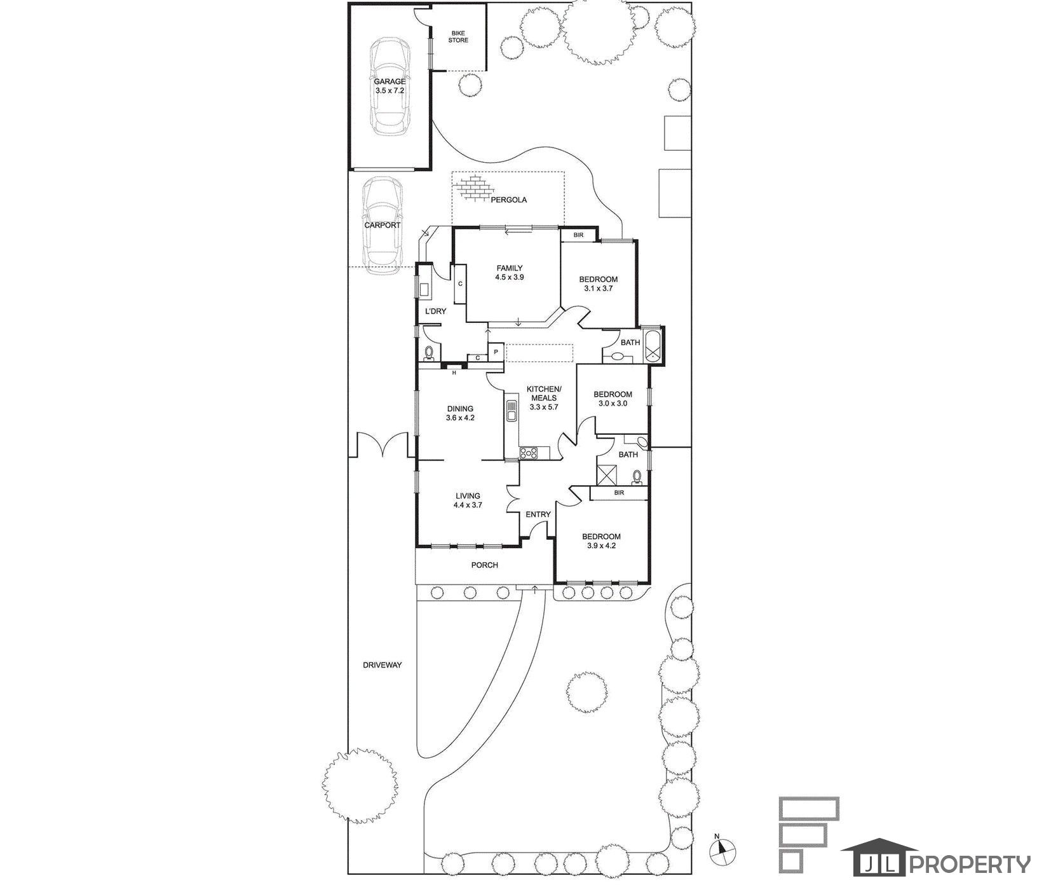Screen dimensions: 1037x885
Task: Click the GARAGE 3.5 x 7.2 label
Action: click(390, 86)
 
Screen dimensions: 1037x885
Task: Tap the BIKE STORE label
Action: click(458, 36)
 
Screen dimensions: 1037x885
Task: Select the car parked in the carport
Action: click(383, 226)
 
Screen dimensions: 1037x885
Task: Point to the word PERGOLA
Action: click(508, 200)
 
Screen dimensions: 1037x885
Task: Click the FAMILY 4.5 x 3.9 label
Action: click(510, 273)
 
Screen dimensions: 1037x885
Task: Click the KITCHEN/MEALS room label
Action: click(543, 394)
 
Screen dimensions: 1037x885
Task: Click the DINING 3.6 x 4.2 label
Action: click(460, 413)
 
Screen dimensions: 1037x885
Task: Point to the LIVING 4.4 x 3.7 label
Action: click(467, 500)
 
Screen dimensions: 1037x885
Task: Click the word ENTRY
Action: click(538, 514)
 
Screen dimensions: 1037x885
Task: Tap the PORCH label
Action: click(484, 565)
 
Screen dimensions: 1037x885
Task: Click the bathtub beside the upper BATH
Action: click(653, 345)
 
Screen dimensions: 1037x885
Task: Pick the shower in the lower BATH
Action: click(606, 474)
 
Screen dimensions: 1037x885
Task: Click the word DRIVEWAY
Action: click(383, 665)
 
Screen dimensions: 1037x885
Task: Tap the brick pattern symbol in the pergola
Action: click(473, 189)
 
